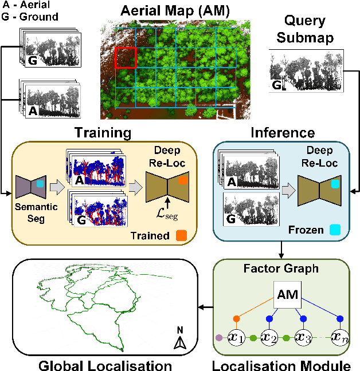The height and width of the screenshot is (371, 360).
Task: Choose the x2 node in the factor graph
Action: (x=269, y=337)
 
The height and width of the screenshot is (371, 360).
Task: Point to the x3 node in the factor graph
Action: (x=303, y=337)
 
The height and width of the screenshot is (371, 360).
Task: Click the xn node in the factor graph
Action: (x=339, y=337)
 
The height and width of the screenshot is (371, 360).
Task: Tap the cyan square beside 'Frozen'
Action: (x=343, y=230)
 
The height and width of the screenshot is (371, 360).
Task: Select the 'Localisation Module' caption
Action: (x=285, y=364)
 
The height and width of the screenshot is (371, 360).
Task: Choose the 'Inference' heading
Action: (x=283, y=133)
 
